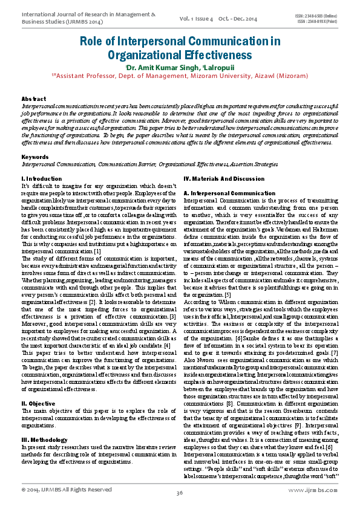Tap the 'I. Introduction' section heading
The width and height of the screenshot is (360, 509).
point(41,179)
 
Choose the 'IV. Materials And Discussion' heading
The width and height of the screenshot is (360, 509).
point(223,179)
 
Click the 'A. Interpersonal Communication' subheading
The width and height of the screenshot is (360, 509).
point(221,193)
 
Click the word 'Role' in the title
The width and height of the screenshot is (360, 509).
point(94,41)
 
